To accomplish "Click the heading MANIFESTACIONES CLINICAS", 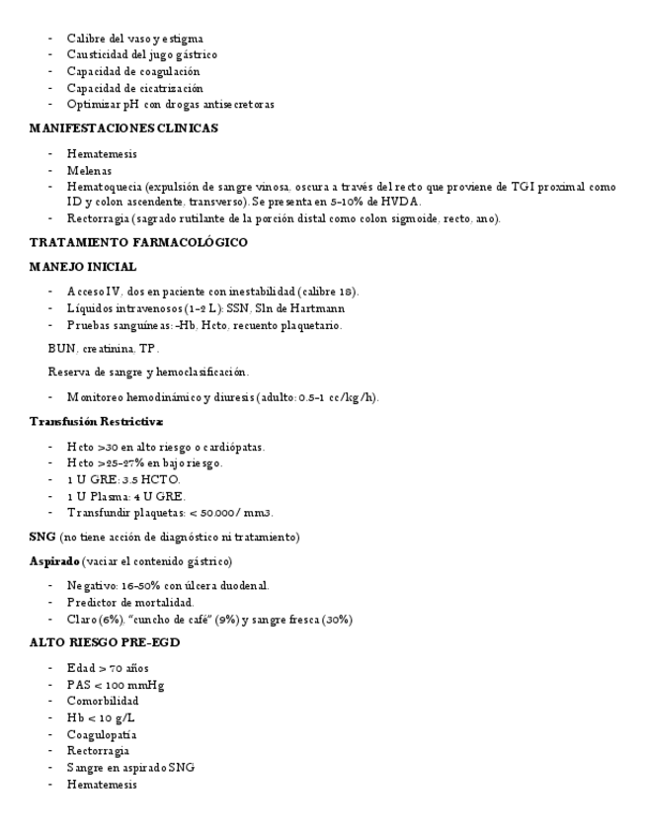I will [123, 128].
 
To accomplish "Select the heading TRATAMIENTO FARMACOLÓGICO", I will [138, 242].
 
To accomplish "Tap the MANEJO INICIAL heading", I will [83, 267].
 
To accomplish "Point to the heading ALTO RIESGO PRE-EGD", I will [105, 643].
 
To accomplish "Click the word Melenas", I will [89, 171].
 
